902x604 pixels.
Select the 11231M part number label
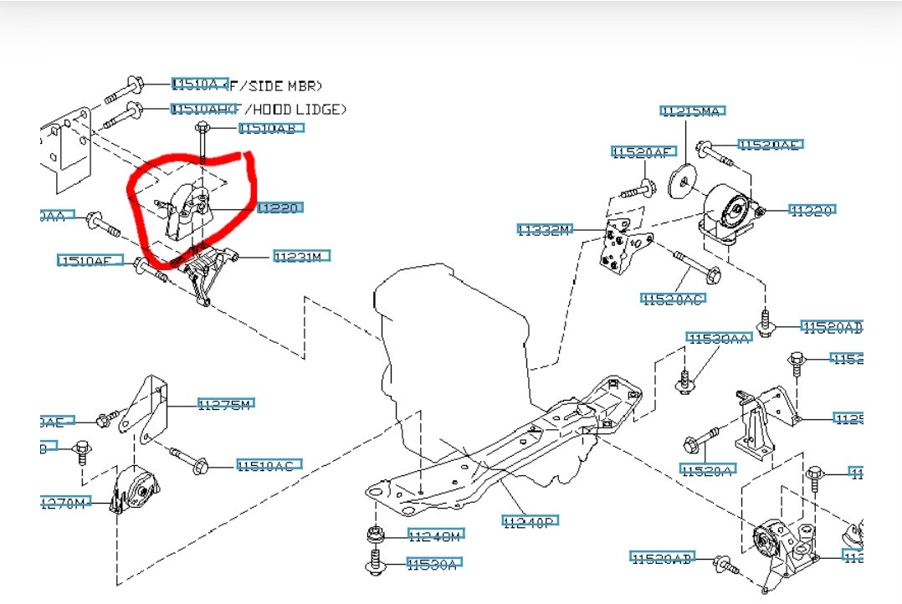(302, 257)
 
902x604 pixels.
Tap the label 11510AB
(271, 128)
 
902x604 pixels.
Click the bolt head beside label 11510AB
(202, 128)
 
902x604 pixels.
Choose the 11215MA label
(692, 110)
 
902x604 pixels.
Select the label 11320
(812, 210)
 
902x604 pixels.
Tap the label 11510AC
(269, 465)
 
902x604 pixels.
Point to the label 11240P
(530, 522)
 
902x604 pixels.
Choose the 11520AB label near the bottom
(663, 558)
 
